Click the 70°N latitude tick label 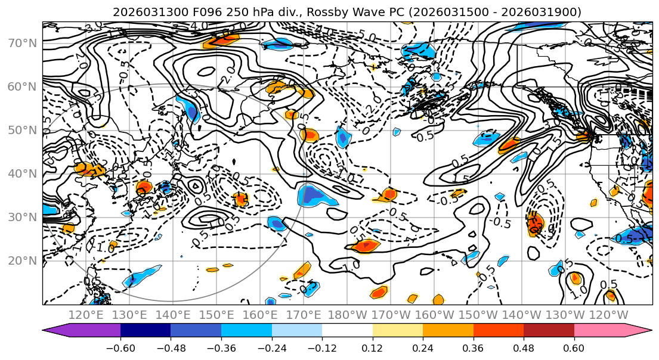click(x=21, y=43)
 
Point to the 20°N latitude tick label click(x=21, y=260)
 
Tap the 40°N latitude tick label click(x=21, y=173)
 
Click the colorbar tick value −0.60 click(x=120, y=347)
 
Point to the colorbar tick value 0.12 click(x=373, y=347)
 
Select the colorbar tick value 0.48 click(x=524, y=347)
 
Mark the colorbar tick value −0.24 click(x=271, y=347)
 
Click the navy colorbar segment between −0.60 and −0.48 click(x=146, y=330)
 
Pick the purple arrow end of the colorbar click(x=54, y=330)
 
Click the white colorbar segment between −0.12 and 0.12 click(x=347, y=330)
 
